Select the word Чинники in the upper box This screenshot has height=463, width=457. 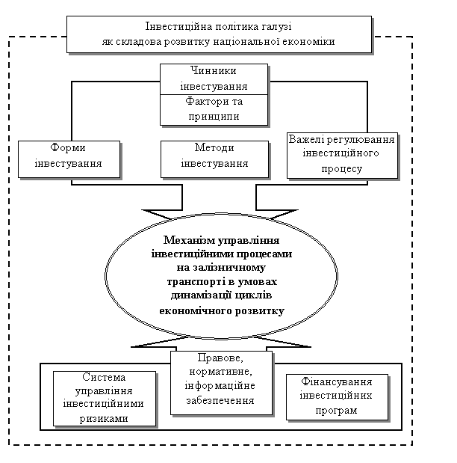214,71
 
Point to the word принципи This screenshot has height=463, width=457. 214,117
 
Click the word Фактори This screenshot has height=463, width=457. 204,101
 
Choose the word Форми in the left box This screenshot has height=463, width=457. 68,147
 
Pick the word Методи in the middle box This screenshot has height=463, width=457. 214,147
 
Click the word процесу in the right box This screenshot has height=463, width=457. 341,169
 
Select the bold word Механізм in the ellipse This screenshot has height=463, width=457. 189,240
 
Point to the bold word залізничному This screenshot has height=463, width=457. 229,268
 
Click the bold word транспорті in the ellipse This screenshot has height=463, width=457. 197,282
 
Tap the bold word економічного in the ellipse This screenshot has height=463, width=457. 196,311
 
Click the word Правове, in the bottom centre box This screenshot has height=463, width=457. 220,358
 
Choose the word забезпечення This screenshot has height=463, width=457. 220,401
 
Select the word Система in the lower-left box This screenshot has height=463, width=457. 104,377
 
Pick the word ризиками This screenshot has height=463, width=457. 104,419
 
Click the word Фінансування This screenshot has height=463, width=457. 337,381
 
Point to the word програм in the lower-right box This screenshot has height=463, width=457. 337,411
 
